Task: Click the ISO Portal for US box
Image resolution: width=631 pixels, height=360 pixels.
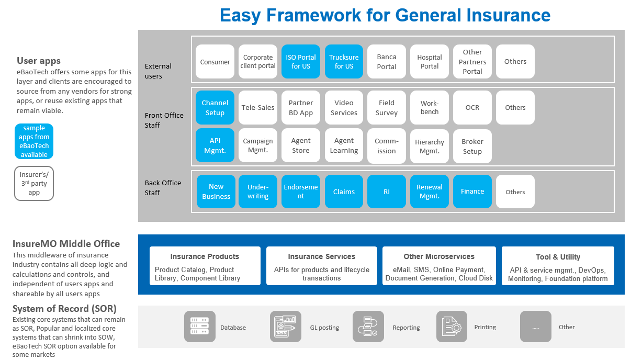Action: pos(300,61)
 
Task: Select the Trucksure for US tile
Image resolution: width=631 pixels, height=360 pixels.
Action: pos(344,61)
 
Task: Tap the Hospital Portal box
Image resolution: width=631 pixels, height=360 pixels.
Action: pos(430,61)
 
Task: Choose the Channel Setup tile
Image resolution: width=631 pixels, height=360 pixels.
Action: pos(215,107)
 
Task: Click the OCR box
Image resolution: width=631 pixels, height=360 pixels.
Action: pos(472,107)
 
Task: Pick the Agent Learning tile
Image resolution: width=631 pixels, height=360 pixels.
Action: pos(344,145)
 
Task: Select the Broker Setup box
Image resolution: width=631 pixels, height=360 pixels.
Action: pos(472,146)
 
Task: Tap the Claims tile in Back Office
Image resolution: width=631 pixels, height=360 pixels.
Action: pos(344,192)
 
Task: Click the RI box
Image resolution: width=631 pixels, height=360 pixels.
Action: pos(387,192)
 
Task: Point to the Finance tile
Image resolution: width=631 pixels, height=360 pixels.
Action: pos(472,192)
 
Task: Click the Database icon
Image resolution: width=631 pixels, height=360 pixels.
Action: pos(200,327)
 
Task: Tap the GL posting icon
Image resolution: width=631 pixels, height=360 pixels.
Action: pos(285,327)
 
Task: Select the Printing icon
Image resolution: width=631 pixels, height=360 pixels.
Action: pos(452,327)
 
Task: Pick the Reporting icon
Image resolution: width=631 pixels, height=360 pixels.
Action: pos(368,327)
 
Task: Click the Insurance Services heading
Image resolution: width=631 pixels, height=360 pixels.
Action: pos(321,256)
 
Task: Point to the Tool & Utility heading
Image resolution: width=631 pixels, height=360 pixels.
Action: pos(558,257)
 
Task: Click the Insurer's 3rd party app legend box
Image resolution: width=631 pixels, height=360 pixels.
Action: pos(34,183)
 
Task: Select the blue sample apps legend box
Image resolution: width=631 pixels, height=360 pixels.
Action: pos(34,141)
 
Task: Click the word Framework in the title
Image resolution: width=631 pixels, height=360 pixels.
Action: pos(313,15)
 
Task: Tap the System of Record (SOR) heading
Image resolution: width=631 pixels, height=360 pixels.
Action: pos(64,309)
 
